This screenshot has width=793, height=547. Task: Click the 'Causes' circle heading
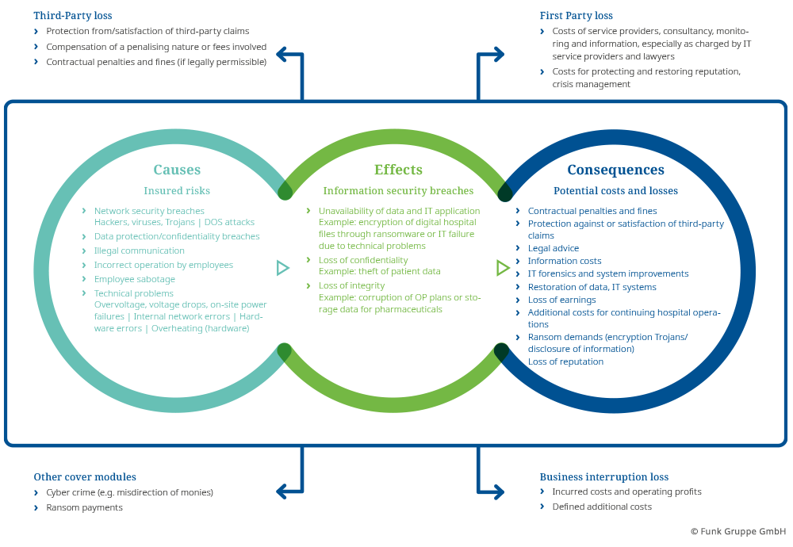pos(177,170)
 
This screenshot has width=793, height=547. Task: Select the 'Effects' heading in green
pos(398,170)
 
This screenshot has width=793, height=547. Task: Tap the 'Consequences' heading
pos(615,170)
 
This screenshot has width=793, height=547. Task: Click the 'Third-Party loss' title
pos(73,15)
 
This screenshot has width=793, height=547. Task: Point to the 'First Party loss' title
pos(576,15)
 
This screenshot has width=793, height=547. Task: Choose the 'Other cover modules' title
pos(85,476)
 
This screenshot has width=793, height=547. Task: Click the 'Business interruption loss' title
pos(603,476)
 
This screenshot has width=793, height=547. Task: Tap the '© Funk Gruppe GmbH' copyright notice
pos(737,531)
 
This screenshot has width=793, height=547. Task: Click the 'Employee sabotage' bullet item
pos(134,279)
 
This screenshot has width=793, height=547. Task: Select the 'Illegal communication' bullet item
pos(139,251)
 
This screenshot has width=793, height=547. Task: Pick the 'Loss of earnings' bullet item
pos(561,300)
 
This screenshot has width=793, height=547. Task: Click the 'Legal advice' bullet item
pos(553,248)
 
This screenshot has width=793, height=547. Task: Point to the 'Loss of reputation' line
pos(565,361)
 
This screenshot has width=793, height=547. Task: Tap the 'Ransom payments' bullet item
pos(84,507)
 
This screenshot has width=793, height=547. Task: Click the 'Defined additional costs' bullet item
pos(601,507)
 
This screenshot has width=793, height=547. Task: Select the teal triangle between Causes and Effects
pos(282,268)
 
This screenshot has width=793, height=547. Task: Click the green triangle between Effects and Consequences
pos(502,268)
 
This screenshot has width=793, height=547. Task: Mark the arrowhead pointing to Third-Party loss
pos(281,54)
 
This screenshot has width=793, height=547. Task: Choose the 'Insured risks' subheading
pos(177,190)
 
